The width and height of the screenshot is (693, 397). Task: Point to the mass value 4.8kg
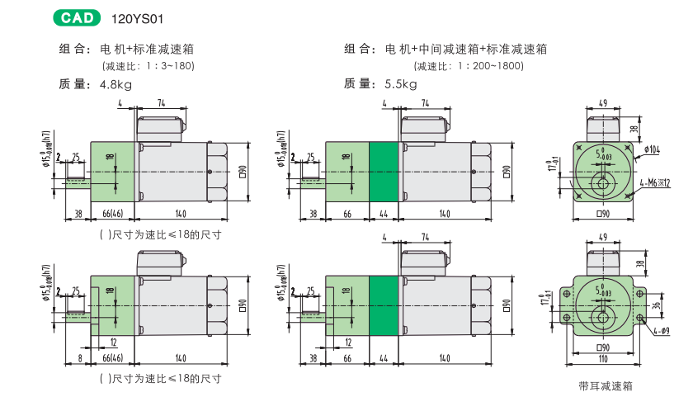coord(115,83)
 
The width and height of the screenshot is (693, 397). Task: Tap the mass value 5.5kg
coord(401,83)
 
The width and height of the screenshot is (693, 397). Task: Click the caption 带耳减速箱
coord(606,385)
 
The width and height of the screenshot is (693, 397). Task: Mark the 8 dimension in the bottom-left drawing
coord(79,359)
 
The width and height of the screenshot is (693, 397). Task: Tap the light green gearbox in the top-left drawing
coord(112,171)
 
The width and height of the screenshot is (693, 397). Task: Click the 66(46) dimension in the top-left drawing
coord(112,215)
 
